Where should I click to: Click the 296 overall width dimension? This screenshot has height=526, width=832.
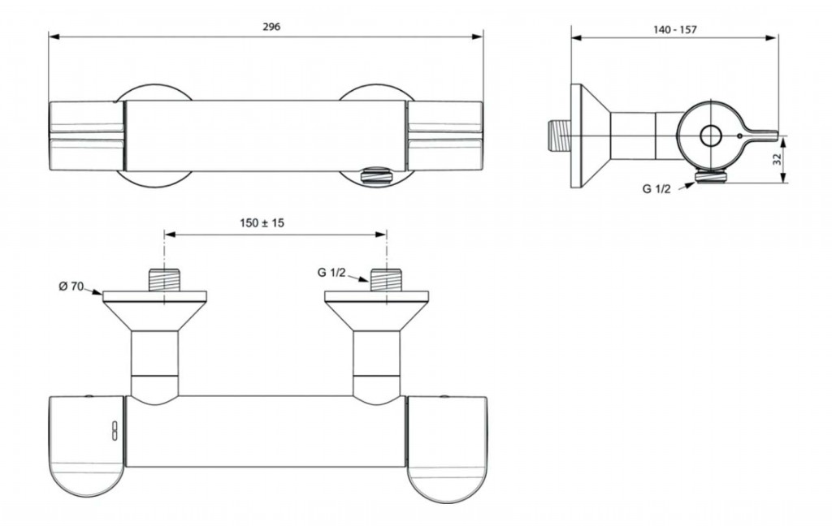[271, 27]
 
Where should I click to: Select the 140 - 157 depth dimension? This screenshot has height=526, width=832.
[674, 30]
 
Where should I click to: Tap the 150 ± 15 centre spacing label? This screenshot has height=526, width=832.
[262, 222]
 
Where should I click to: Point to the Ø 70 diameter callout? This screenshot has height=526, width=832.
[71, 287]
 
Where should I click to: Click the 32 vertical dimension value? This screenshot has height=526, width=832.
[778, 160]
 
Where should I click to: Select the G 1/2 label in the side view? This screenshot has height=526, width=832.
[656, 189]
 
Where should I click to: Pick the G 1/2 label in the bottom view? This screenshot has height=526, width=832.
[331, 273]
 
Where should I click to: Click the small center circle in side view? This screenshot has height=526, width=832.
[709, 136]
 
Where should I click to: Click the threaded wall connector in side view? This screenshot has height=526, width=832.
[559, 136]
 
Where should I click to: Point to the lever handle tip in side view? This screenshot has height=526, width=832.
[776, 136]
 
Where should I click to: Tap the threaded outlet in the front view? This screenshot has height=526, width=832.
[375, 175]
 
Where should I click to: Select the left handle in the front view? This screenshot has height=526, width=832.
[86, 136]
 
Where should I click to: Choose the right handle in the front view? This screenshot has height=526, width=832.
[444, 136]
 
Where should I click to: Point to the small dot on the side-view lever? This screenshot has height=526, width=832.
[739, 136]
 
